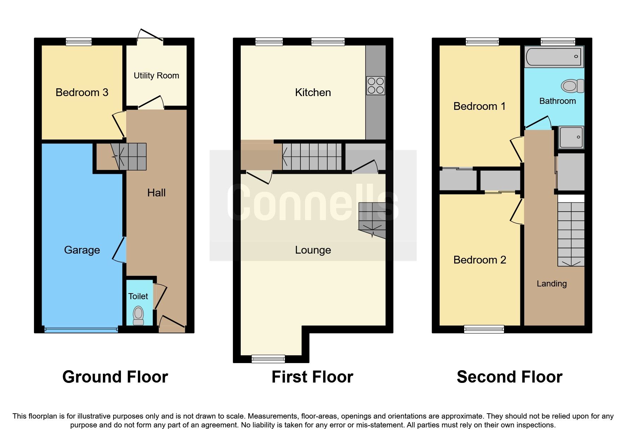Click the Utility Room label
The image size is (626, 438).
tap(156, 76)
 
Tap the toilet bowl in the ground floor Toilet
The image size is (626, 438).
tap(138, 314)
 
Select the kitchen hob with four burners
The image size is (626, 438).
tap(375, 86)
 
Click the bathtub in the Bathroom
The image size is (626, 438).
tap(554, 57)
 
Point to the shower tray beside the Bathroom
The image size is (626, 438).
tap(571, 137)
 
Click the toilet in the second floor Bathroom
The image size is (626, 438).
tap(572, 86)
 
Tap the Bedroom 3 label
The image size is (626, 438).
tap(82, 93)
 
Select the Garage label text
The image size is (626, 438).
tap(82, 250)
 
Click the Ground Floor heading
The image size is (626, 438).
tap(115, 377)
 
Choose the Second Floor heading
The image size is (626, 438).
tap(509, 377)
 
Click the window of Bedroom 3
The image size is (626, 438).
tap(79, 42)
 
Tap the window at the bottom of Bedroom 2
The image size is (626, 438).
tap(484, 329)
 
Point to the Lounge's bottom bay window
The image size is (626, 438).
tap(268, 359)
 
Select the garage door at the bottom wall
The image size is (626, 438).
tap(81, 330)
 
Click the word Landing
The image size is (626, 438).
tap(551, 284)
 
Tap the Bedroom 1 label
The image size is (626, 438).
tap(479, 106)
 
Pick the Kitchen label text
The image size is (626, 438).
tap(313, 93)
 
